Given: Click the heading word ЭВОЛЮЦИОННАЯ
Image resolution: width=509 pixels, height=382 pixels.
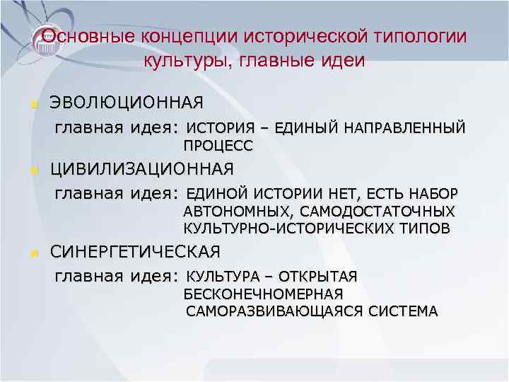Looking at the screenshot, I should [x=126, y=103].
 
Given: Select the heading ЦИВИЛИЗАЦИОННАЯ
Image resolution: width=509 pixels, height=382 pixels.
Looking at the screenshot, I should [x=141, y=169].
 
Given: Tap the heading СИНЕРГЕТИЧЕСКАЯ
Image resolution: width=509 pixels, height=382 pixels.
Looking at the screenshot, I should [x=135, y=251].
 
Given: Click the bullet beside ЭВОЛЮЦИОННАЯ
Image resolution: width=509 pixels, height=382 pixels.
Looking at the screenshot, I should [x=32, y=105].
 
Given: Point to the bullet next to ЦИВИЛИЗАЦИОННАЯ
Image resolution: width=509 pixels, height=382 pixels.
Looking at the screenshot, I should [x=32, y=170].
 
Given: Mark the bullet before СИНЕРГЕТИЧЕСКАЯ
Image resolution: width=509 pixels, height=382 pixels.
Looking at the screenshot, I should [x=32, y=253].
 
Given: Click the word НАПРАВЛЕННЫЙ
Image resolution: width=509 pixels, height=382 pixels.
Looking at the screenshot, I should [x=405, y=128].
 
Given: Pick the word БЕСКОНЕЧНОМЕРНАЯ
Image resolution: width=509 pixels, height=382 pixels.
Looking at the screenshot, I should [x=263, y=294].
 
